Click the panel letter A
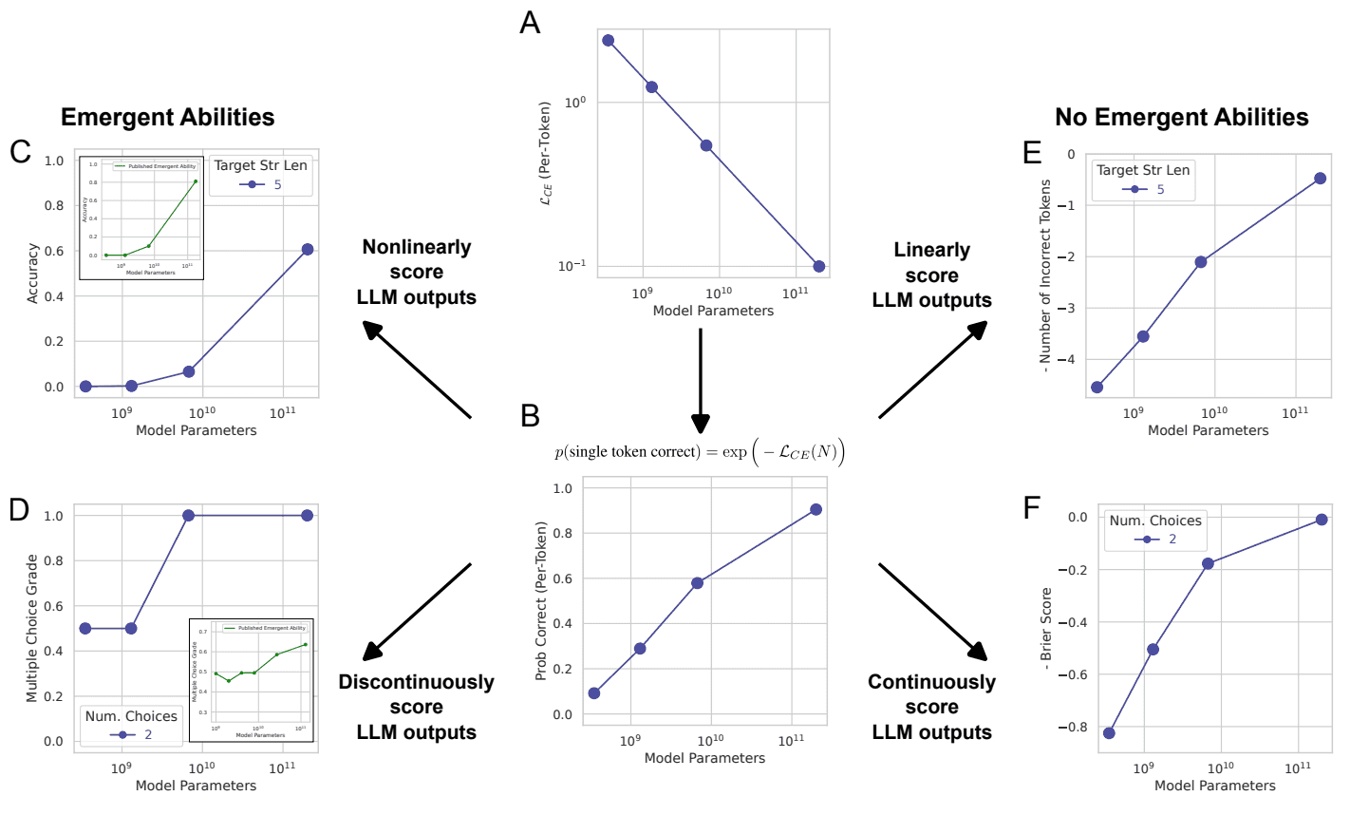[x=530, y=22]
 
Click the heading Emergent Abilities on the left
[x=168, y=118]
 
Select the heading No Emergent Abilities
[x=1181, y=118]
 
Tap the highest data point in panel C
[x=308, y=250]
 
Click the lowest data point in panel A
[x=818, y=267]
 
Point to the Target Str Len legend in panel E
[x=1142, y=180]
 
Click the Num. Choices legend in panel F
[x=1154, y=529]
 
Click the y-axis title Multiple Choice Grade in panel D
[x=32, y=628]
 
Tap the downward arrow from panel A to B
[x=701, y=380]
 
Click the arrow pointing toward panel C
[x=418, y=370]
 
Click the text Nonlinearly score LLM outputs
[x=417, y=272]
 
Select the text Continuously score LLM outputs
[x=931, y=707]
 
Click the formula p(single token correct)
[x=699, y=452]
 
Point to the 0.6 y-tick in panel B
[x=562, y=578]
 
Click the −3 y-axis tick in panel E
[x=1068, y=309]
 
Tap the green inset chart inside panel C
[x=141, y=218]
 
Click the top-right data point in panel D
[x=308, y=515]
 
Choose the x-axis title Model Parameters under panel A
[x=713, y=311]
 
